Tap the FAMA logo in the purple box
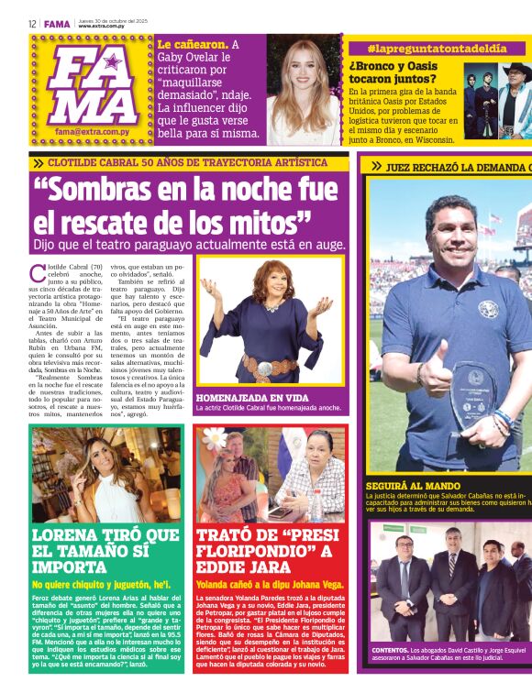click(94, 86)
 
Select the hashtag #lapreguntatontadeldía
click(438, 48)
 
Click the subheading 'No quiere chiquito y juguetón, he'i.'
click(101, 584)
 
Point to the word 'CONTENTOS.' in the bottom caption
click(390, 650)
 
